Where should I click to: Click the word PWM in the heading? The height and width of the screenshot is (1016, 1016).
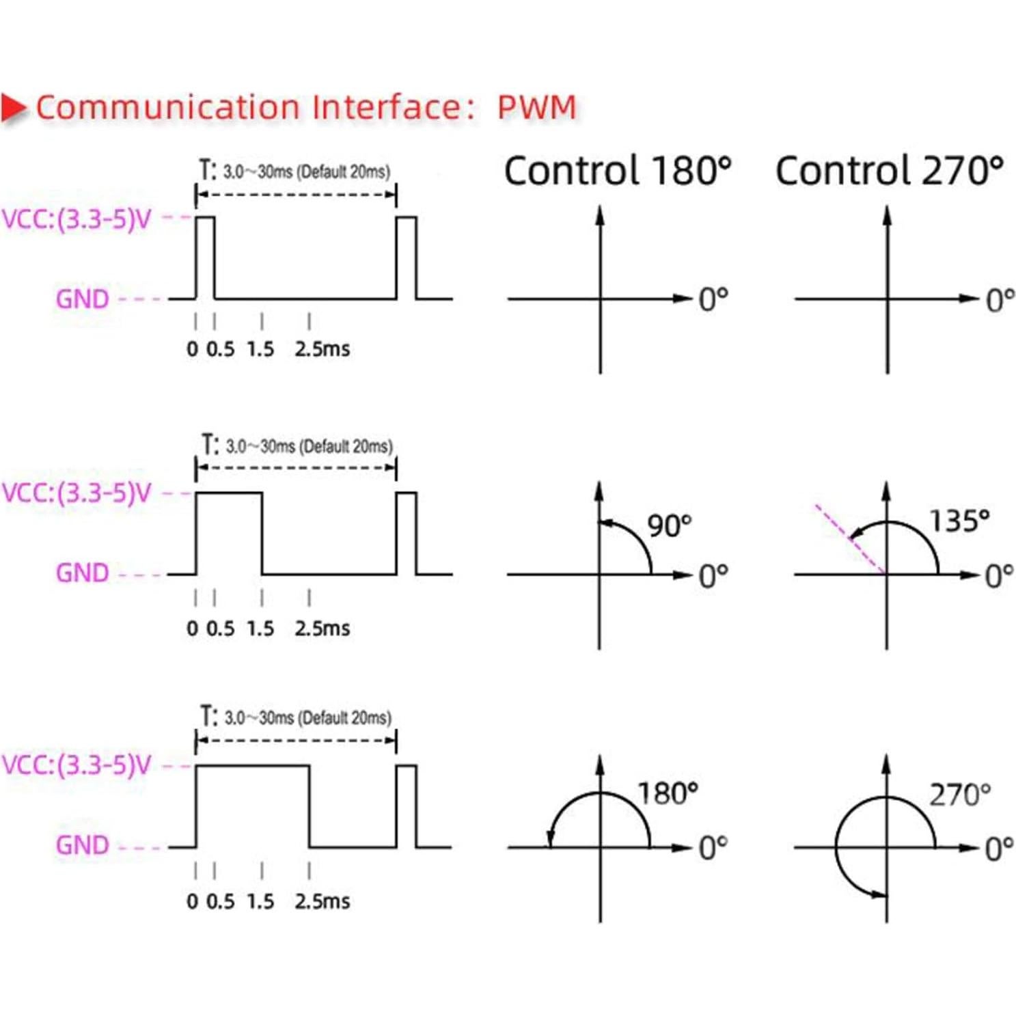tap(537, 107)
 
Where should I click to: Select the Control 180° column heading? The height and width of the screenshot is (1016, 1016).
tap(618, 170)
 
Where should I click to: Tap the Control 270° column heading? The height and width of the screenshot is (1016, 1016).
tap(890, 170)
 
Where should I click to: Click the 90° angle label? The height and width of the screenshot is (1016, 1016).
tap(670, 525)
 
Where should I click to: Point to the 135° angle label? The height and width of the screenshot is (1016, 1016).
tap(960, 521)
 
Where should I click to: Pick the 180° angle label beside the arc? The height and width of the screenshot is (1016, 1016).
tap(668, 793)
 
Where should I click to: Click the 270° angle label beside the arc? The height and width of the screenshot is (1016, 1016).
tap(960, 795)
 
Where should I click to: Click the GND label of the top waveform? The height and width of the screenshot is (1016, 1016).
tap(83, 299)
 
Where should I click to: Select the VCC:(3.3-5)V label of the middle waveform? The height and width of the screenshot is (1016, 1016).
tap(77, 493)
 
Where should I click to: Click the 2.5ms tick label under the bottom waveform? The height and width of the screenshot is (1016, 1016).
tap(322, 901)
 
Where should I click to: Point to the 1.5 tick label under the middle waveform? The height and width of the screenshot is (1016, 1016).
tap(260, 629)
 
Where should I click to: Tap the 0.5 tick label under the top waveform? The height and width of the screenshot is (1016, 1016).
tap(220, 349)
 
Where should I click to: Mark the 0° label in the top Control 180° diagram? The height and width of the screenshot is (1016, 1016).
tap(713, 299)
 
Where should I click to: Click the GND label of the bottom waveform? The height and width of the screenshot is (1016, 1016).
tap(83, 846)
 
